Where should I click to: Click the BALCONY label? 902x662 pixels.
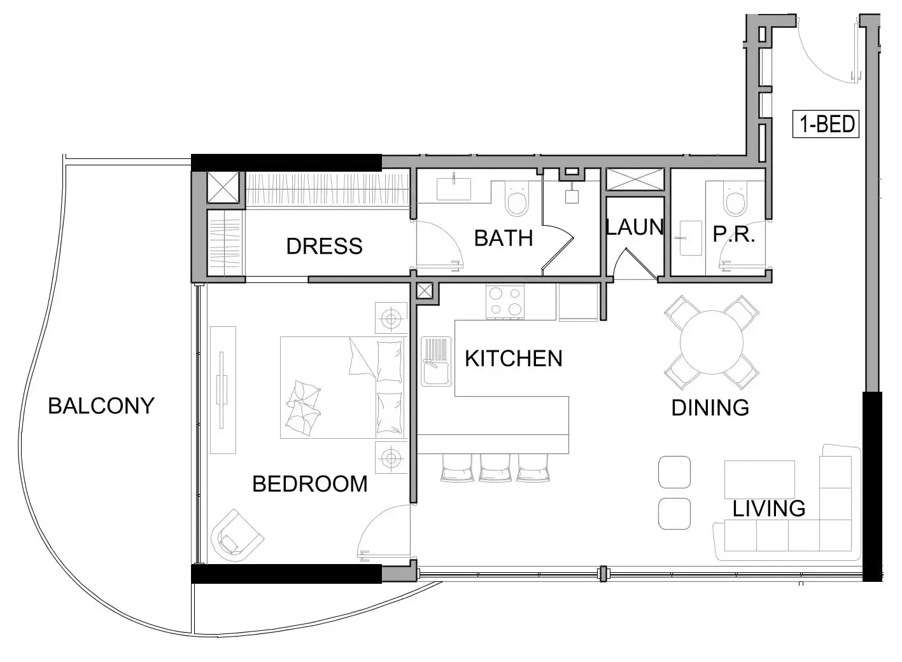pos(101,406)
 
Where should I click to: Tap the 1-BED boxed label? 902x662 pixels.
pos(826,124)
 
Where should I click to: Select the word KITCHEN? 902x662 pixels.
pos(514,359)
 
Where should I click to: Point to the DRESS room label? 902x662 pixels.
pos(324,246)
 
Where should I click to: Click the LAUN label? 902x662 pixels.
pos(635,227)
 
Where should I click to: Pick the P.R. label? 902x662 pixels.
pos(733,234)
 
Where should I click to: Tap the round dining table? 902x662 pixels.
pos(712,342)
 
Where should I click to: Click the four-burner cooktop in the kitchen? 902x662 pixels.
pos(505,301)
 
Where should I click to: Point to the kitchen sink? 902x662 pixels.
pos(436,361)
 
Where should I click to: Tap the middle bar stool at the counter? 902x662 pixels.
pos(495,468)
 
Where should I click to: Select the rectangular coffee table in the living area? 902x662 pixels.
pos(759,479)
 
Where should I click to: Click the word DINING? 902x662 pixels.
pos(710,408)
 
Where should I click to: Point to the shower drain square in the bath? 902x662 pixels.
pos(572,197)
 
